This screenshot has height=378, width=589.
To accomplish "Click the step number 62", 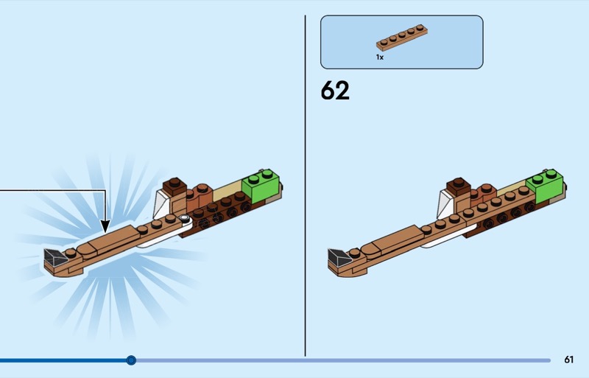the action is (x=335, y=91).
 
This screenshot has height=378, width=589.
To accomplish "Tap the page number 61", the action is (x=568, y=360).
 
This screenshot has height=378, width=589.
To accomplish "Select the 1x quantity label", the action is (x=380, y=57).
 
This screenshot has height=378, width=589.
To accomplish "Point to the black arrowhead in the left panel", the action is (x=105, y=226).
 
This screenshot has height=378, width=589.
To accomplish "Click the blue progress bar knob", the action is (x=131, y=360).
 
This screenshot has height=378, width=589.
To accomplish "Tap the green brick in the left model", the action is (x=262, y=186).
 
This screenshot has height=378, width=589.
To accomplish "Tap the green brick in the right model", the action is (x=546, y=186).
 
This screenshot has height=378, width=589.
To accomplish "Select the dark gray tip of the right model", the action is (x=339, y=257).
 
